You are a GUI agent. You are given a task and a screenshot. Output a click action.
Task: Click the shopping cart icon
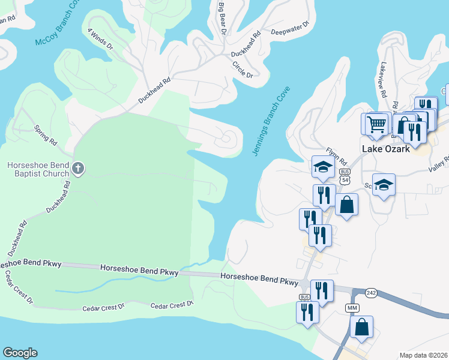click(x=376, y=124)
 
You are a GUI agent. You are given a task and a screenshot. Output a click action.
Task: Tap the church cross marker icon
click(x=77, y=169)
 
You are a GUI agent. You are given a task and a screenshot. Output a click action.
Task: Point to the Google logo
click(x=20, y=353)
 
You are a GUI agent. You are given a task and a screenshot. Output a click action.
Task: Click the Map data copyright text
click(x=424, y=355)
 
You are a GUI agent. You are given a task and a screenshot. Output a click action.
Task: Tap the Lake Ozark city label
click(x=386, y=149)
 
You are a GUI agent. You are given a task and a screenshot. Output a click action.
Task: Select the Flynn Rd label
click(x=337, y=157)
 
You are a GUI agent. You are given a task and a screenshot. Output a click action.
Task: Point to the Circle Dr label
click(x=242, y=70)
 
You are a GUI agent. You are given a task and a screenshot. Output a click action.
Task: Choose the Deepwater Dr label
click(x=289, y=28)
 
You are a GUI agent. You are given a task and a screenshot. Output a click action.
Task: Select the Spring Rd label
click(x=45, y=136)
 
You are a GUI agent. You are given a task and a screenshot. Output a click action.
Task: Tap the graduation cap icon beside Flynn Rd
click(x=323, y=167)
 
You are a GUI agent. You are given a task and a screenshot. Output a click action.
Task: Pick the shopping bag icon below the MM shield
click(x=361, y=327)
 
